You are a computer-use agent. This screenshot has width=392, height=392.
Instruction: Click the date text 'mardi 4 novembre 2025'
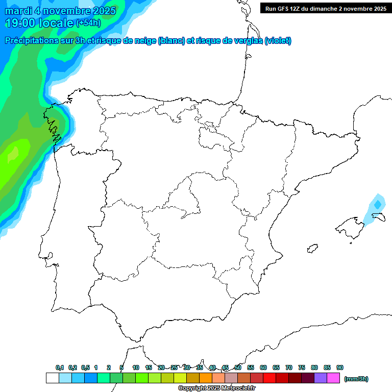(x=60, y=11)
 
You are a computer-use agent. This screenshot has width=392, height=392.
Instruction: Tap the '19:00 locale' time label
(x=40, y=23)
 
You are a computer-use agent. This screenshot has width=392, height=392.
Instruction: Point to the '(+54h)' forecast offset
(x=88, y=23)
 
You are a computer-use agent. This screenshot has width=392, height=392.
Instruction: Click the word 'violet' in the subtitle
(x=277, y=41)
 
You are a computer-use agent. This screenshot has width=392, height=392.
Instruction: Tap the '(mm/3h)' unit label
(x=356, y=379)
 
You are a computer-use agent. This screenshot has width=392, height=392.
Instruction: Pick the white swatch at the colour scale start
(x=52, y=378)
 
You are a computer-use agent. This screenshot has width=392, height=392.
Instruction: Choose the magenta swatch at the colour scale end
(x=333, y=378)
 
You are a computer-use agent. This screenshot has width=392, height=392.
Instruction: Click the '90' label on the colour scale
(x=340, y=367)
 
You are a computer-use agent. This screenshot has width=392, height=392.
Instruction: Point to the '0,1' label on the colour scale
(x=60, y=367)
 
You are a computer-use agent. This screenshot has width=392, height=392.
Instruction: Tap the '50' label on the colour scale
(x=238, y=367)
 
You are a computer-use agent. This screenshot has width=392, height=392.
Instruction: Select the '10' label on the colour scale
(x=136, y=367)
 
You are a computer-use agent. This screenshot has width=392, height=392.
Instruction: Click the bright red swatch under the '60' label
(x=269, y=378)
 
